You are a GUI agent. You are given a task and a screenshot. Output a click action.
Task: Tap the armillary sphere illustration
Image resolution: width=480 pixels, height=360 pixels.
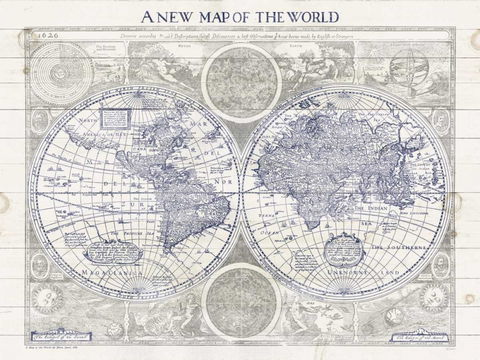408,67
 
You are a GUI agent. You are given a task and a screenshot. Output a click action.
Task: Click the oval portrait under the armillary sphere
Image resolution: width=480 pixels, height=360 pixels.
440,120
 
